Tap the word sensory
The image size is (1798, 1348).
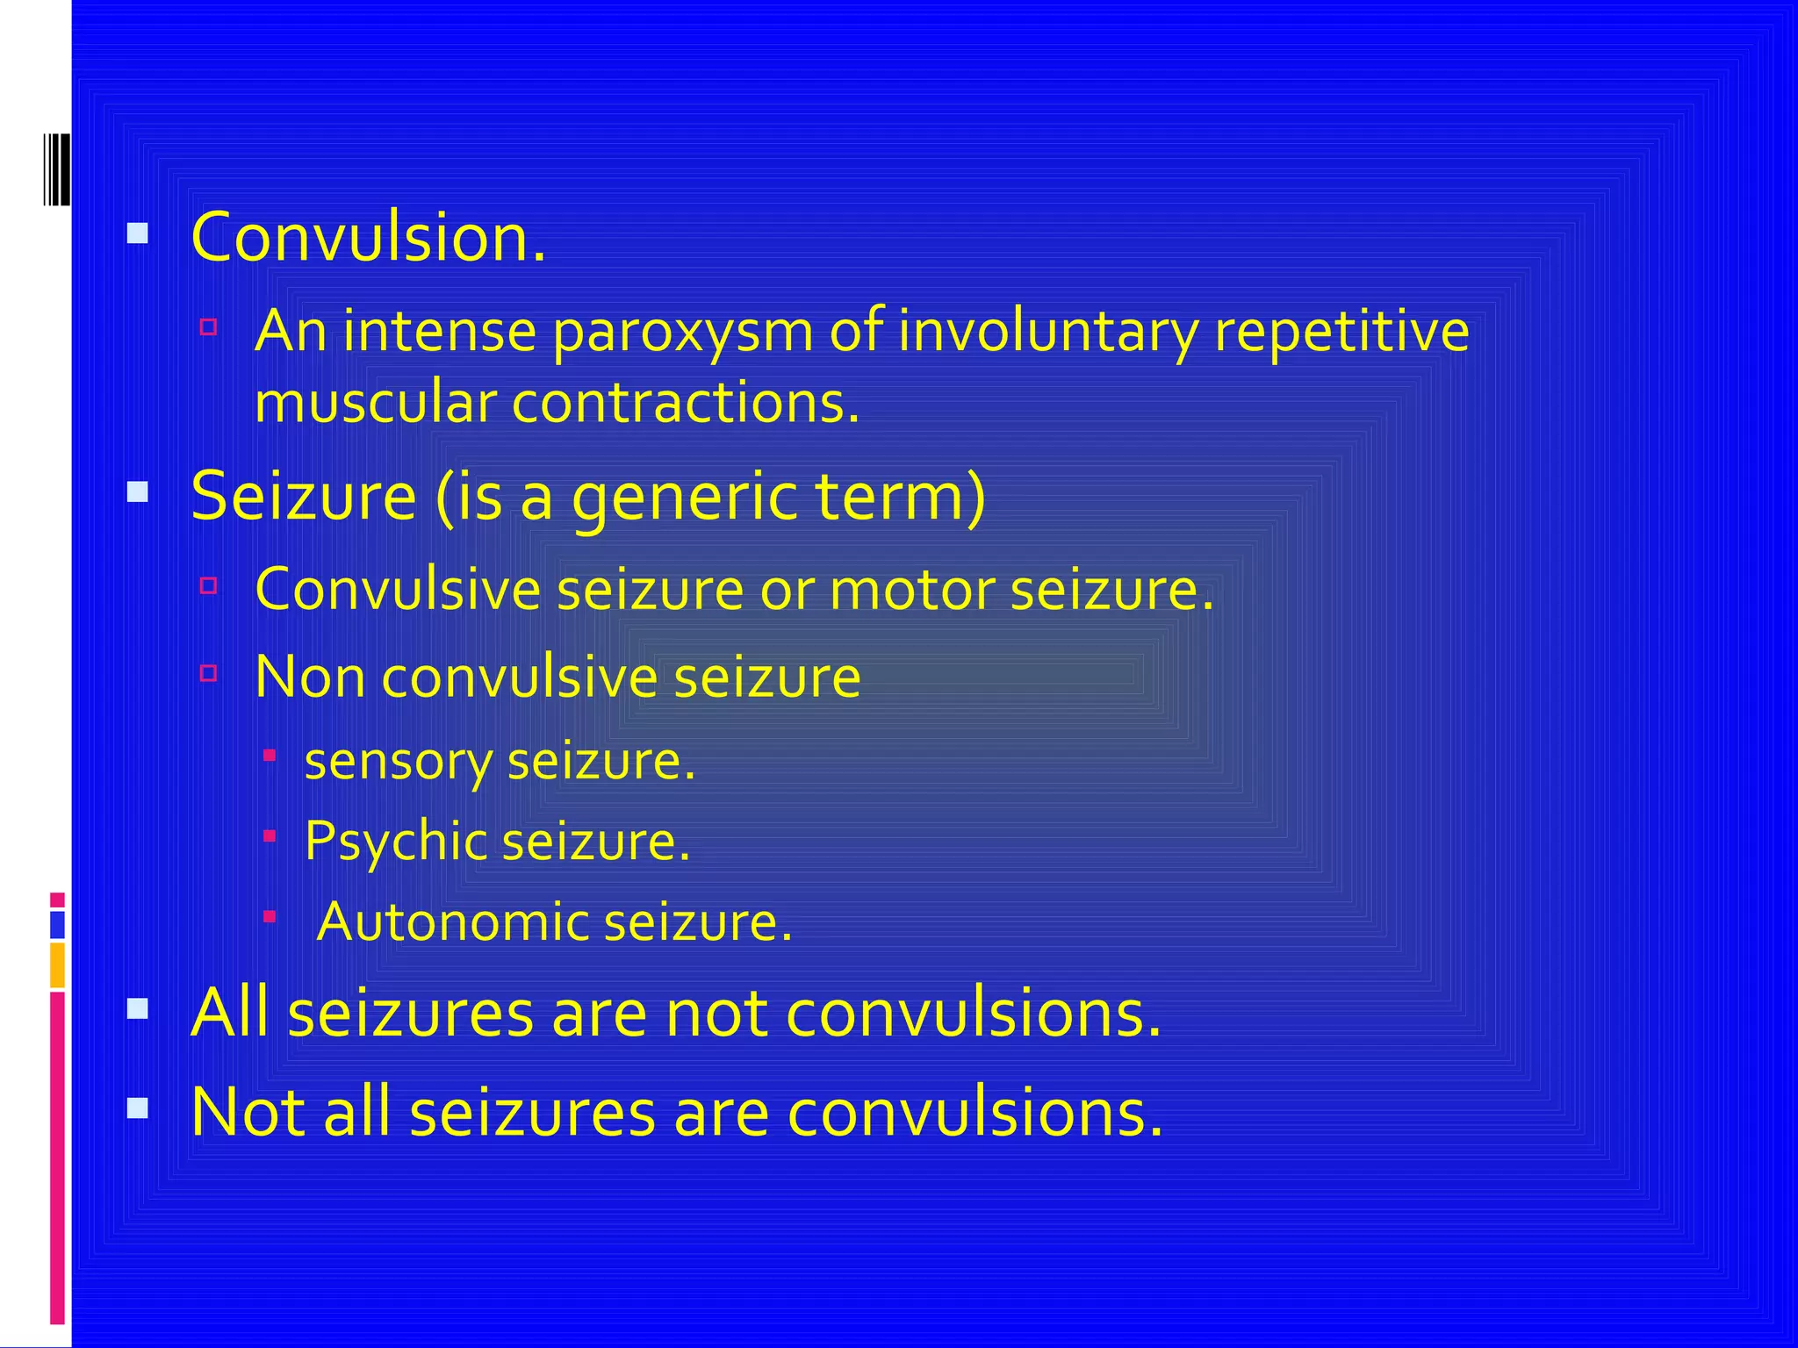[x=398, y=762]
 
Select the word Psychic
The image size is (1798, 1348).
[x=395, y=841]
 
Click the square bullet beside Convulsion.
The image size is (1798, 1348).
[x=138, y=233]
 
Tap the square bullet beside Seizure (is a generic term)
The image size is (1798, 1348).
[x=138, y=491]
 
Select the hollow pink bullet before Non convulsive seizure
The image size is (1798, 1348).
[x=208, y=673]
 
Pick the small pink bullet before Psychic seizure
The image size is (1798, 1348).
[x=270, y=836]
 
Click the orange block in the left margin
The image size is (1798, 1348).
[x=57, y=965]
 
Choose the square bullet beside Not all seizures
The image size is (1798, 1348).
[x=138, y=1108]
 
